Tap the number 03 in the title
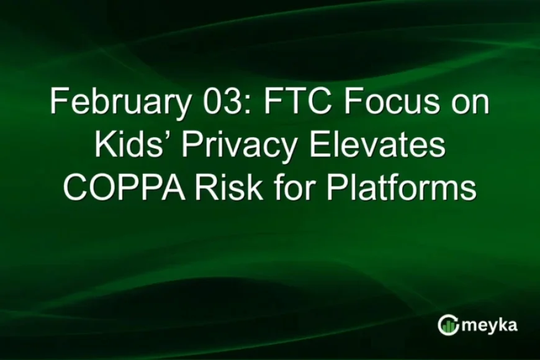pos(214,102)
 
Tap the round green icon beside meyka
pos(448,325)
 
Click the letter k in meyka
pos(501,324)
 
